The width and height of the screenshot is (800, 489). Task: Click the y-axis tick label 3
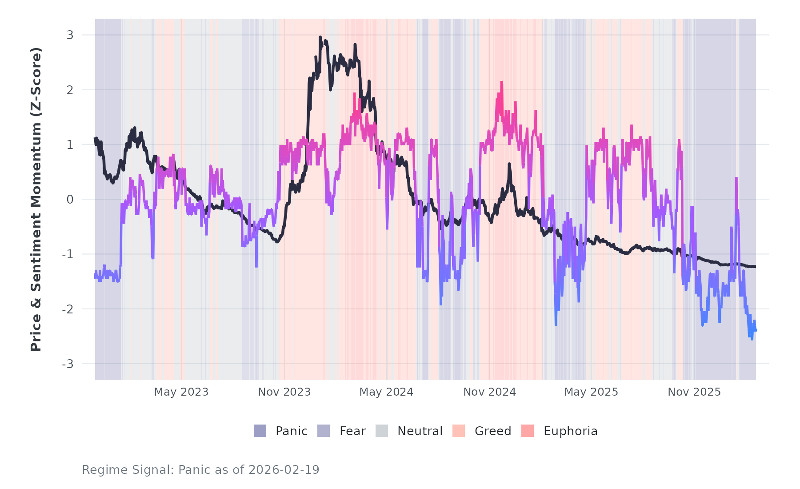click(70, 35)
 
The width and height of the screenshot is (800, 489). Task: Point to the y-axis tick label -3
click(68, 364)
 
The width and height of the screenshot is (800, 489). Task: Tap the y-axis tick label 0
click(70, 200)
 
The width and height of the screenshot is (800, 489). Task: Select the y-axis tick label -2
click(68, 309)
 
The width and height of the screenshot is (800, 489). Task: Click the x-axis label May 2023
click(181, 392)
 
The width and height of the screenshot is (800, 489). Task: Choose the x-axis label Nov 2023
click(284, 392)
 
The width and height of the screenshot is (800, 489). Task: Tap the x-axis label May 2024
click(386, 392)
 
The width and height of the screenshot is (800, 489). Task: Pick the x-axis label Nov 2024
click(489, 392)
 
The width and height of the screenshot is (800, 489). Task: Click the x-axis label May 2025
click(591, 392)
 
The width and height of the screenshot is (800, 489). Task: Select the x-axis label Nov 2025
click(694, 392)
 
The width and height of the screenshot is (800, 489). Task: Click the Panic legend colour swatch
click(260, 431)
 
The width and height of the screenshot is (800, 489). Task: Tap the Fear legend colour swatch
click(324, 431)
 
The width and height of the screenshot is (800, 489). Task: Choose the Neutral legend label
click(420, 431)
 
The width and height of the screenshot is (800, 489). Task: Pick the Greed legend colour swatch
click(459, 431)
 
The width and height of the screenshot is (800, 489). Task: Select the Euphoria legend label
click(570, 431)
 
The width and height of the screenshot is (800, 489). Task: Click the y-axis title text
click(36, 199)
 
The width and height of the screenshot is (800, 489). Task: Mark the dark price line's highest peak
click(320, 37)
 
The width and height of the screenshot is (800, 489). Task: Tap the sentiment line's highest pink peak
click(501, 82)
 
